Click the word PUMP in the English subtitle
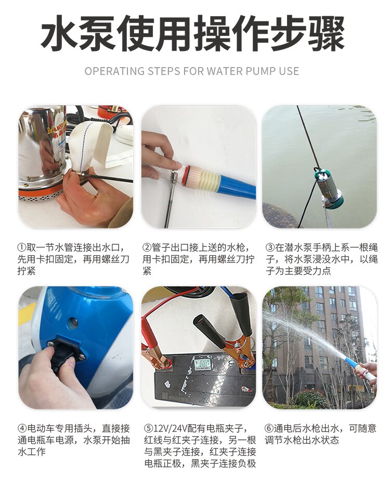tap(261, 71)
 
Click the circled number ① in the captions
tap(22, 247)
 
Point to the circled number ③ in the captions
tap(270, 247)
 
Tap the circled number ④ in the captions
tap(22, 428)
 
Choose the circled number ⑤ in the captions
tap(149, 428)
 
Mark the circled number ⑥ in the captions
tap(269, 428)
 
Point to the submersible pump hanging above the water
tap(329, 186)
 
